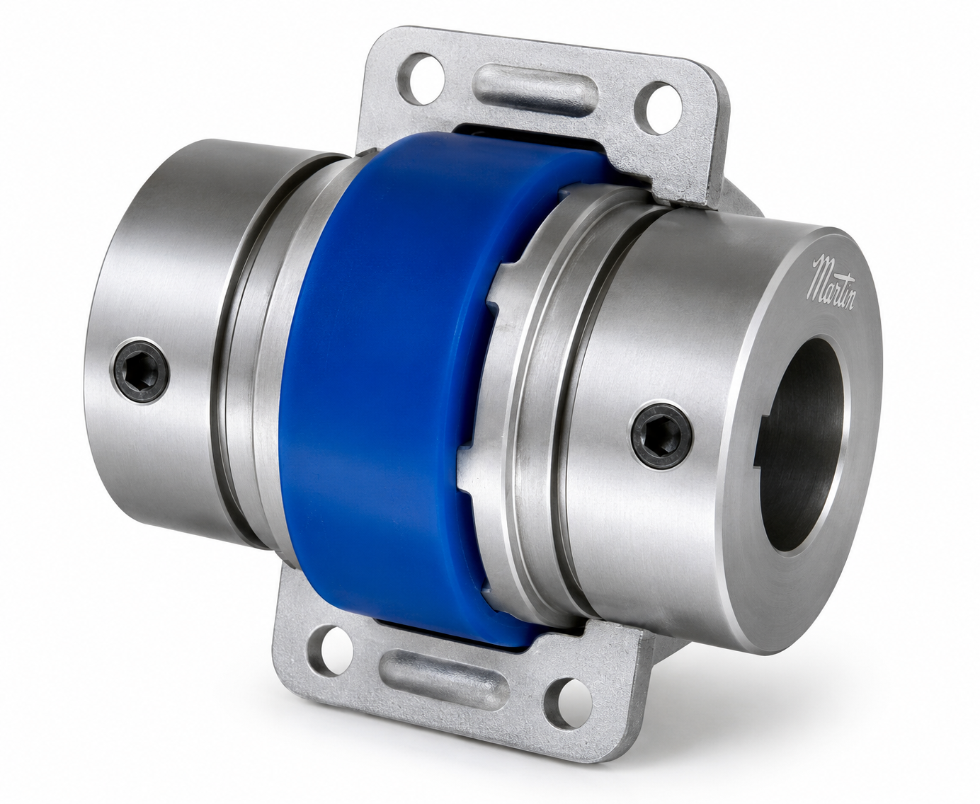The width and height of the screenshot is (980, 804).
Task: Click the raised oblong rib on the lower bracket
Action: point(444,681)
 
